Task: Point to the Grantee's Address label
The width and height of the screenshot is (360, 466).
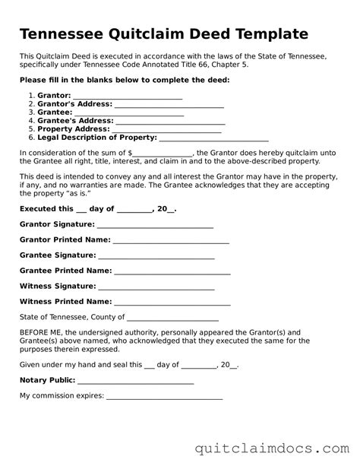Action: point(74,120)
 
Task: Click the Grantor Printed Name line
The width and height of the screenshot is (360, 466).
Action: point(171,241)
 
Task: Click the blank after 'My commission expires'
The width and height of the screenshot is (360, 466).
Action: point(164,397)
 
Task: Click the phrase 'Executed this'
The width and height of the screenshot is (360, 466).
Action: point(46,208)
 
